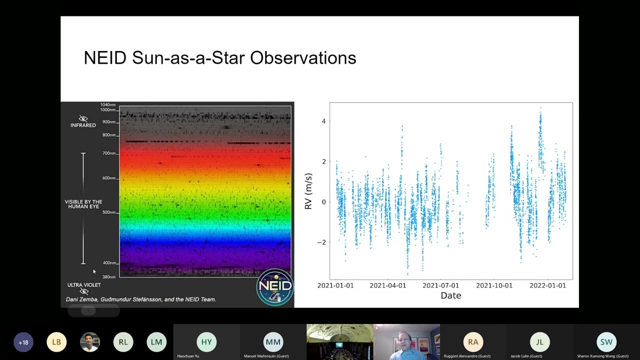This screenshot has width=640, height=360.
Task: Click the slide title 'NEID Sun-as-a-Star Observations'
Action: click(x=219, y=58)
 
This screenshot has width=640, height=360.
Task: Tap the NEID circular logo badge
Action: click(x=274, y=287)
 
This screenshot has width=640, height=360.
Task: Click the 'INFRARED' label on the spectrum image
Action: click(x=83, y=125)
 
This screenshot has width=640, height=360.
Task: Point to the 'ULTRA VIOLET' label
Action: click(x=84, y=285)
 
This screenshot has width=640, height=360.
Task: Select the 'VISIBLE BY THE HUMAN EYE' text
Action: click(x=83, y=204)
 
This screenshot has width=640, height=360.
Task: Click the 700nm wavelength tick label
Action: click(x=109, y=153)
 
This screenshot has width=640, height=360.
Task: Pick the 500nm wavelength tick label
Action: click(x=109, y=212)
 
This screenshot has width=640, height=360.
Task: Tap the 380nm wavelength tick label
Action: click(x=109, y=277)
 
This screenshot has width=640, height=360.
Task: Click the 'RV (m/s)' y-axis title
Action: click(x=308, y=191)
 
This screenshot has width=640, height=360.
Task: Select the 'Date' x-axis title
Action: click(x=450, y=295)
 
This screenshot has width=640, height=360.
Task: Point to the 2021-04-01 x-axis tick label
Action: click(x=387, y=285)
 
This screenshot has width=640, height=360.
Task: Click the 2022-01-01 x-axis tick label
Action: click(x=548, y=285)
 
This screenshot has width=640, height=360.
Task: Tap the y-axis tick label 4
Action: click(x=323, y=121)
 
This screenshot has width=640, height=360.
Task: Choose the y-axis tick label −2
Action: click(x=321, y=242)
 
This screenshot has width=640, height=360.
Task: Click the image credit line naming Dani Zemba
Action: click(x=141, y=299)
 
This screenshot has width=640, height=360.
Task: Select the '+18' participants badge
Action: click(x=23, y=342)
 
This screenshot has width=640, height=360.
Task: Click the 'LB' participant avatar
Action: click(x=56, y=342)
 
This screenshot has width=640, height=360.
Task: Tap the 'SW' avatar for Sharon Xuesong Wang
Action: click(x=606, y=342)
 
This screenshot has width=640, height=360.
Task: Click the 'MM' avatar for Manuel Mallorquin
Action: click(x=273, y=342)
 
